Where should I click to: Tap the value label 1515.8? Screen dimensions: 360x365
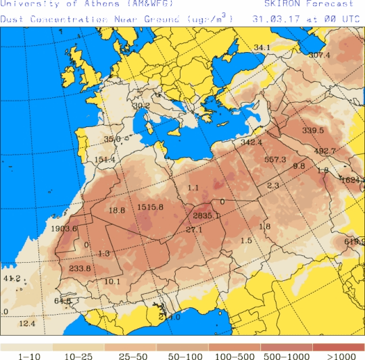pyautogui.click(x=150, y=207)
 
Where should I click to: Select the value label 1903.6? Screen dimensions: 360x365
pyautogui.click(x=64, y=228)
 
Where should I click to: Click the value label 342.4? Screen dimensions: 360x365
pyautogui.click(x=251, y=143)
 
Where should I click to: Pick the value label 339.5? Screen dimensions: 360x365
pyautogui.click(x=313, y=130)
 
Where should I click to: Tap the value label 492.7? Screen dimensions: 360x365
pyautogui.click(x=325, y=151)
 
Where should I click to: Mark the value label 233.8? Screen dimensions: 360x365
pyautogui.click(x=80, y=268)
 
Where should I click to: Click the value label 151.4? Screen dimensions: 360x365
pyautogui.click(x=105, y=160)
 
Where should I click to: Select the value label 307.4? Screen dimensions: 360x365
pyautogui.click(x=319, y=55)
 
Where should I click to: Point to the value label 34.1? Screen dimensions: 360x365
pyautogui.click(x=262, y=47)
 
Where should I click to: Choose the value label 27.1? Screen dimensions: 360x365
pyautogui.click(x=194, y=230)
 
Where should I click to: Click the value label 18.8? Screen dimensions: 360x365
pyautogui.click(x=117, y=211)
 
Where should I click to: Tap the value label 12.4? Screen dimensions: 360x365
pyautogui.click(x=27, y=324)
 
